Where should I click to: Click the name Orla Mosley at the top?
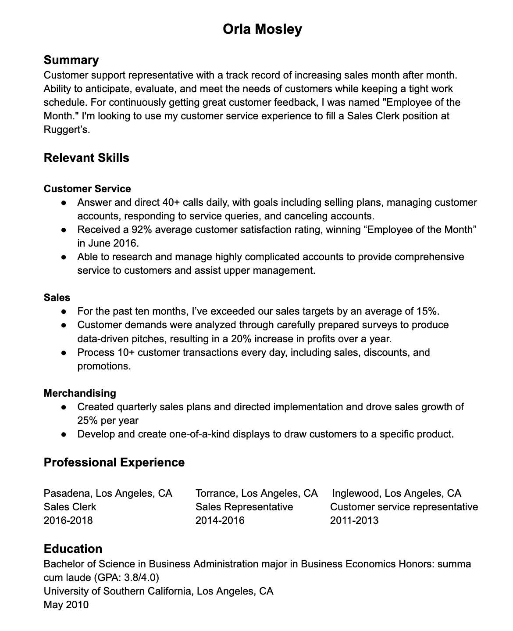(x=262, y=29)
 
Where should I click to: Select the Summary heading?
(x=71, y=60)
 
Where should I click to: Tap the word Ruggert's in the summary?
(x=66, y=130)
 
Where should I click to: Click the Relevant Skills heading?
(x=86, y=158)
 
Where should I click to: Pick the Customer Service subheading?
(x=87, y=189)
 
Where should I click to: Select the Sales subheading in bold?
(x=57, y=298)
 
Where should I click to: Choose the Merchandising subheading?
(x=80, y=393)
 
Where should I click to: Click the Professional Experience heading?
(x=114, y=462)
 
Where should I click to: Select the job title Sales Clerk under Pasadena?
(x=70, y=507)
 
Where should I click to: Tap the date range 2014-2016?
(x=220, y=520)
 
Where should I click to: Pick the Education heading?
(x=73, y=549)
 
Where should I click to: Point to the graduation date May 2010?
(x=66, y=605)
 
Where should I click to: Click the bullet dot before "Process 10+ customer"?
(x=64, y=352)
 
